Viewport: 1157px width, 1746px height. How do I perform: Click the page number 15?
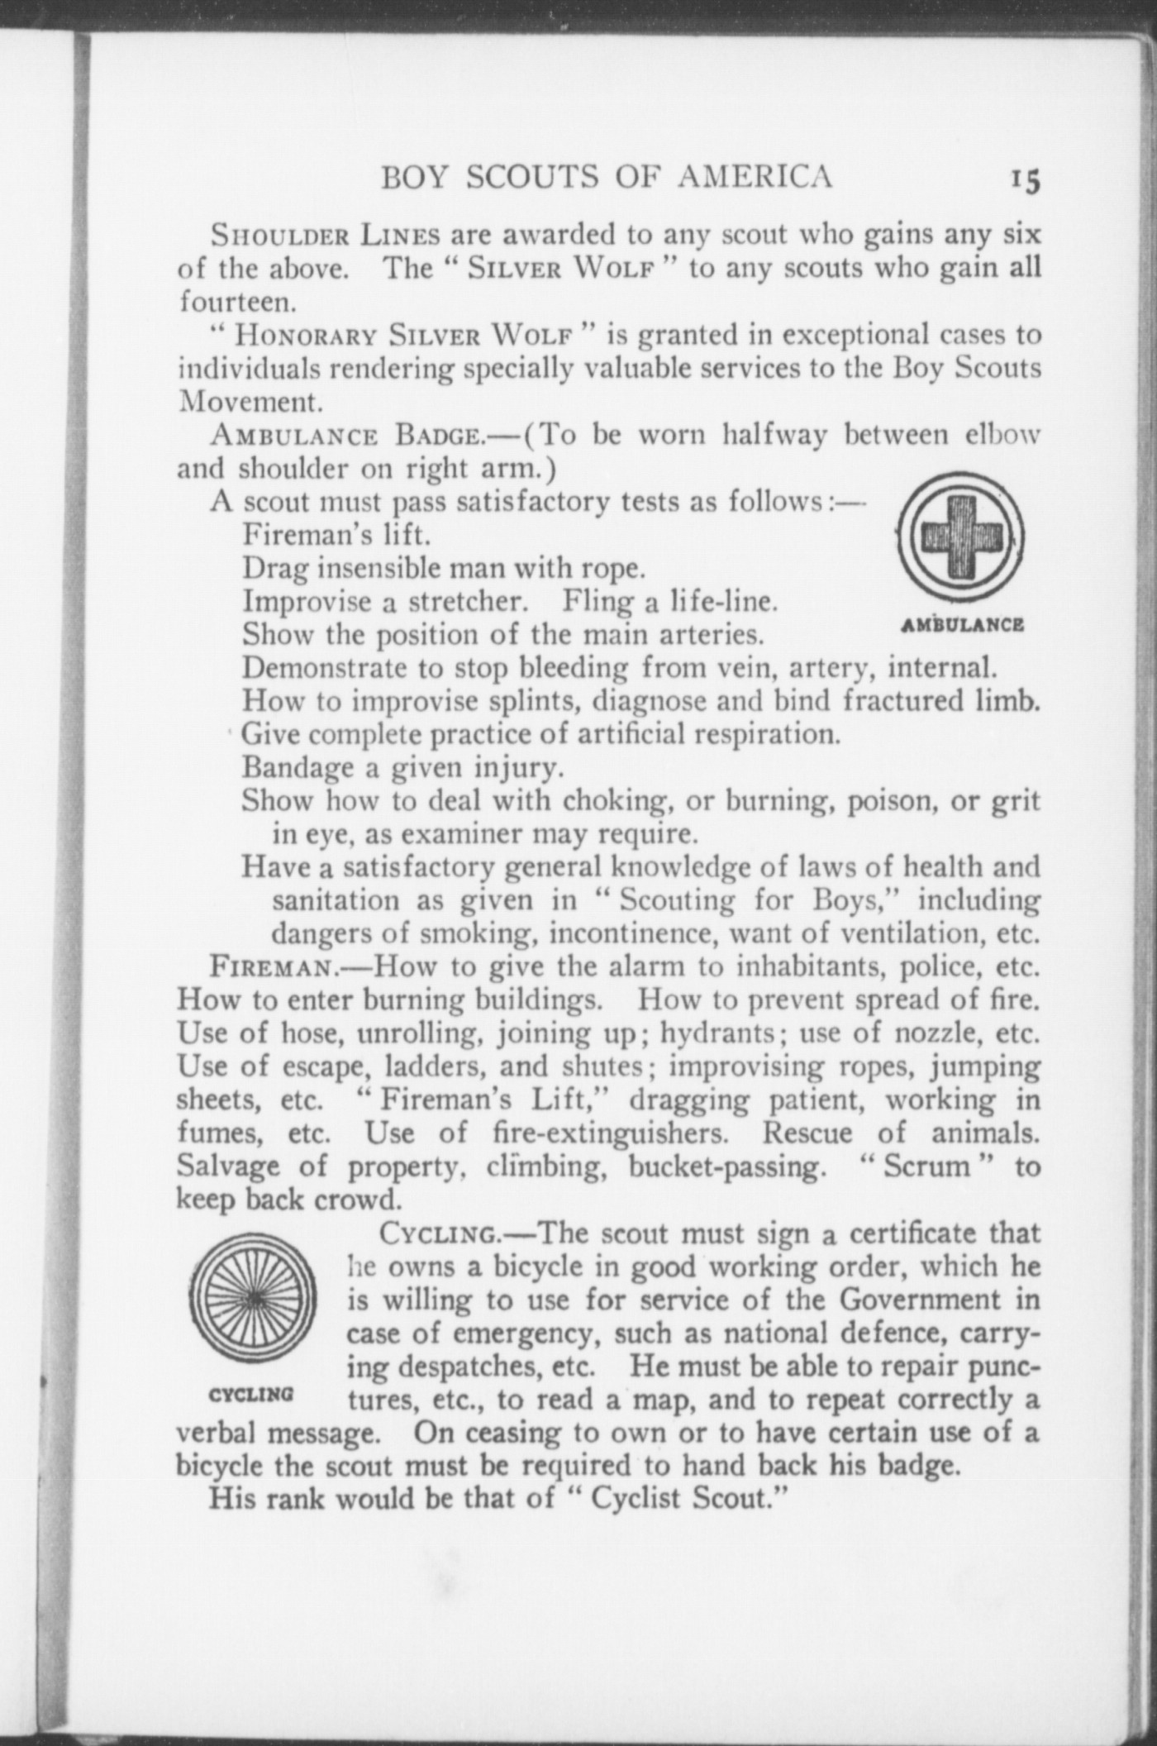click(x=1022, y=179)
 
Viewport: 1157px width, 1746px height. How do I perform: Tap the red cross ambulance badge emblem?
click(x=960, y=537)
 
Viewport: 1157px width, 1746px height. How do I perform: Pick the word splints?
click(x=533, y=702)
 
